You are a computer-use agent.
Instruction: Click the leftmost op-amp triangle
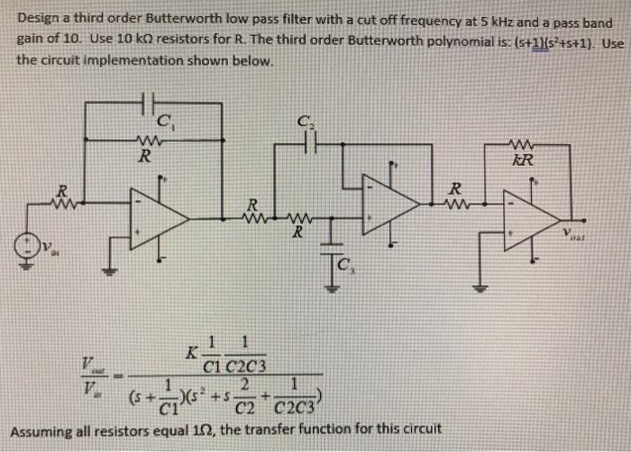pyautogui.click(x=159, y=218)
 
